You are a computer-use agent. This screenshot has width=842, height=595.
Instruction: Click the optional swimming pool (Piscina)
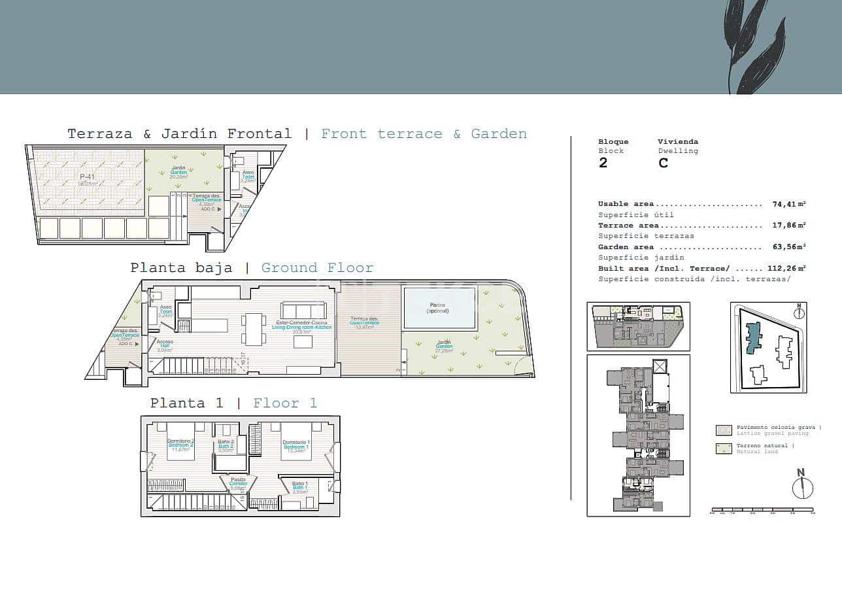point(439,308)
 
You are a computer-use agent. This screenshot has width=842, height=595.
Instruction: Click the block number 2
point(603,163)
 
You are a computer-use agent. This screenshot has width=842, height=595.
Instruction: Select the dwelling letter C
point(663,163)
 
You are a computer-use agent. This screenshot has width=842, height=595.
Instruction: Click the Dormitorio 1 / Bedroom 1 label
point(297,445)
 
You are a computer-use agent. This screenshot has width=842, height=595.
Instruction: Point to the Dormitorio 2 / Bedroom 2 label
point(180,445)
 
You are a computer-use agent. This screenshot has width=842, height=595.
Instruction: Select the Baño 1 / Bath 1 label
point(300,486)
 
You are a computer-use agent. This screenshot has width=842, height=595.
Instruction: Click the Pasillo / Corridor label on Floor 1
point(238,483)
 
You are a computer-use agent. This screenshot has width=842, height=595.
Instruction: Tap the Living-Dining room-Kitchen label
point(301,325)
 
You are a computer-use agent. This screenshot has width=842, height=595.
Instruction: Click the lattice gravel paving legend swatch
point(724,430)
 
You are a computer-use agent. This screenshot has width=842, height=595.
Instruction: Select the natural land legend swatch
point(724,449)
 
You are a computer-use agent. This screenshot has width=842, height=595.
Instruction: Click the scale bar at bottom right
point(762,509)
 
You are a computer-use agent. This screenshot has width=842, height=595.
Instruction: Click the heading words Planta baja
point(181,268)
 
